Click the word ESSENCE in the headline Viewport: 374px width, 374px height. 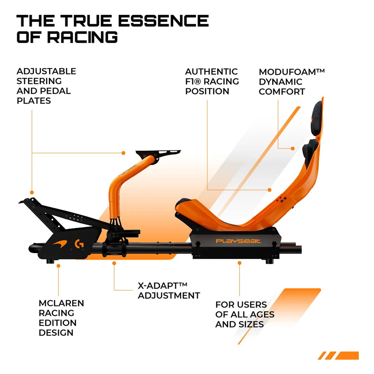point(164,20)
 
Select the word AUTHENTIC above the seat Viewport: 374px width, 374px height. point(211,71)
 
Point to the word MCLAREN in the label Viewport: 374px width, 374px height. point(61,303)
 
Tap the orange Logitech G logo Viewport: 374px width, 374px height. point(79,244)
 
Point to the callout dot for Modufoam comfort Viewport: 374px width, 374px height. point(293,148)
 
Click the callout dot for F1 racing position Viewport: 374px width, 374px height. point(270,190)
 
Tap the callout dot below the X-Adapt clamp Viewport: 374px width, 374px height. point(114,263)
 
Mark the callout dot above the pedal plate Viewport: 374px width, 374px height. point(32,192)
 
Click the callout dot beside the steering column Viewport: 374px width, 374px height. point(123,153)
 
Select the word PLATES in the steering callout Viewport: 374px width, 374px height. point(34,101)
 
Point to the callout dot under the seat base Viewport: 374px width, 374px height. point(239,263)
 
